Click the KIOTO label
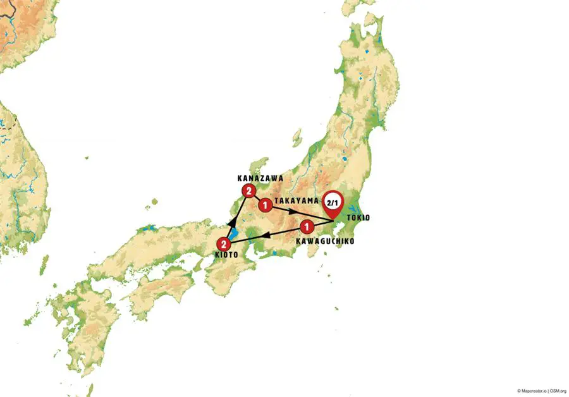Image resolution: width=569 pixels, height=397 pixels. (x=224, y=255)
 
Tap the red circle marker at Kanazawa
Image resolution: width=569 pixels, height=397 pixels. (x=247, y=190)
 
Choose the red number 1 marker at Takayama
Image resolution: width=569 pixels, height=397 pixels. (x=265, y=205)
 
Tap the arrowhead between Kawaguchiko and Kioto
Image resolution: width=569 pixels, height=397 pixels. (x=266, y=235)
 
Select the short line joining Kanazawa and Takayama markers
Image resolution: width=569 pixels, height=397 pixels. (x=256, y=198)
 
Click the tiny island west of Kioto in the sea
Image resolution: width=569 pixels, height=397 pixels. (x=152, y=202)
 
